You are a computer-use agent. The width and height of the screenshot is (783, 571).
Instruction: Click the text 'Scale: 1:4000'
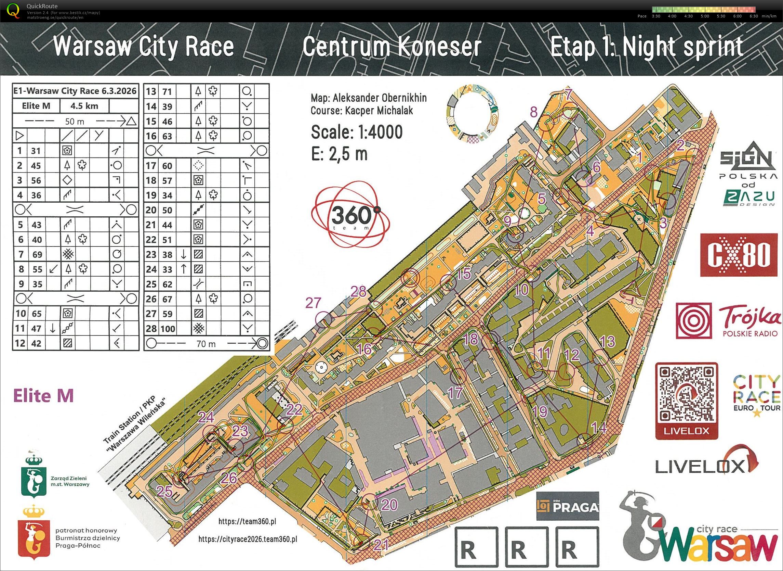click(x=357, y=132)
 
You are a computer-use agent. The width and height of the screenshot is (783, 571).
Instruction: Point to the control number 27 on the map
click(x=313, y=303)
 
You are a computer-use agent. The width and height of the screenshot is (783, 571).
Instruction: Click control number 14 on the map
click(x=599, y=429)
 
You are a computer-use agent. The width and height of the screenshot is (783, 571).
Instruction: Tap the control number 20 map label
click(x=389, y=505)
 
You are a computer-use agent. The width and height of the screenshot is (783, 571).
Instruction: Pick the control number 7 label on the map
click(x=568, y=94)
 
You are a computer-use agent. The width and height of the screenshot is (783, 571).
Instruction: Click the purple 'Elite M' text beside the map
click(x=43, y=395)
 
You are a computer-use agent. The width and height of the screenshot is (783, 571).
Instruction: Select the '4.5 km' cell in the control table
click(x=84, y=106)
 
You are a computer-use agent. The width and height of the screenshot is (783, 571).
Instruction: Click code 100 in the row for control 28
click(x=168, y=328)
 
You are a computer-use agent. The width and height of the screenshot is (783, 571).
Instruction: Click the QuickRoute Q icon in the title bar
click(x=14, y=10)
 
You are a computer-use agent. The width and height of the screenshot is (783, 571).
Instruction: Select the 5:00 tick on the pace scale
click(x=705, y=16)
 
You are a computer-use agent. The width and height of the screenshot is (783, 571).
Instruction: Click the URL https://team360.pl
click(x=247, y=521)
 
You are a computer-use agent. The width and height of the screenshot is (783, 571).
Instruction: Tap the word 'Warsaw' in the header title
click(x=93, y=47)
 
